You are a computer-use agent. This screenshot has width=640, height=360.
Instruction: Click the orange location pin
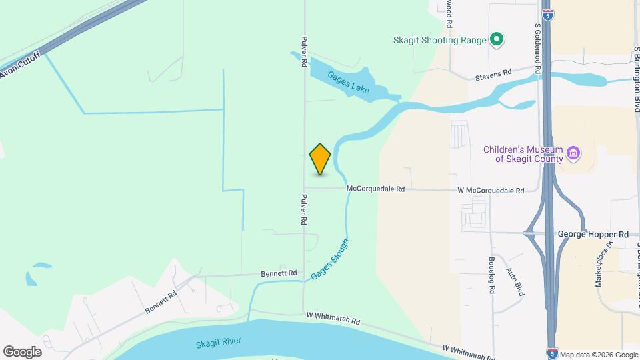tap(320, 159)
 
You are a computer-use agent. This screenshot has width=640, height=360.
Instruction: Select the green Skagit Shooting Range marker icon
tap(496, 40)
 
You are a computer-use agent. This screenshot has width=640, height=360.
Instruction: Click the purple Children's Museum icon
tap(573, 155)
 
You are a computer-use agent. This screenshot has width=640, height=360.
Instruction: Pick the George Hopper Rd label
tap(593, 235)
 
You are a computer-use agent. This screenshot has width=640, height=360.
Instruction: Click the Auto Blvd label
tap(515, 281)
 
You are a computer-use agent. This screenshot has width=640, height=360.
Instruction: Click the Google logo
tap(21, 351)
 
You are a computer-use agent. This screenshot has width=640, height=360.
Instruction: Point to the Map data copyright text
tap(598, 355)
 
